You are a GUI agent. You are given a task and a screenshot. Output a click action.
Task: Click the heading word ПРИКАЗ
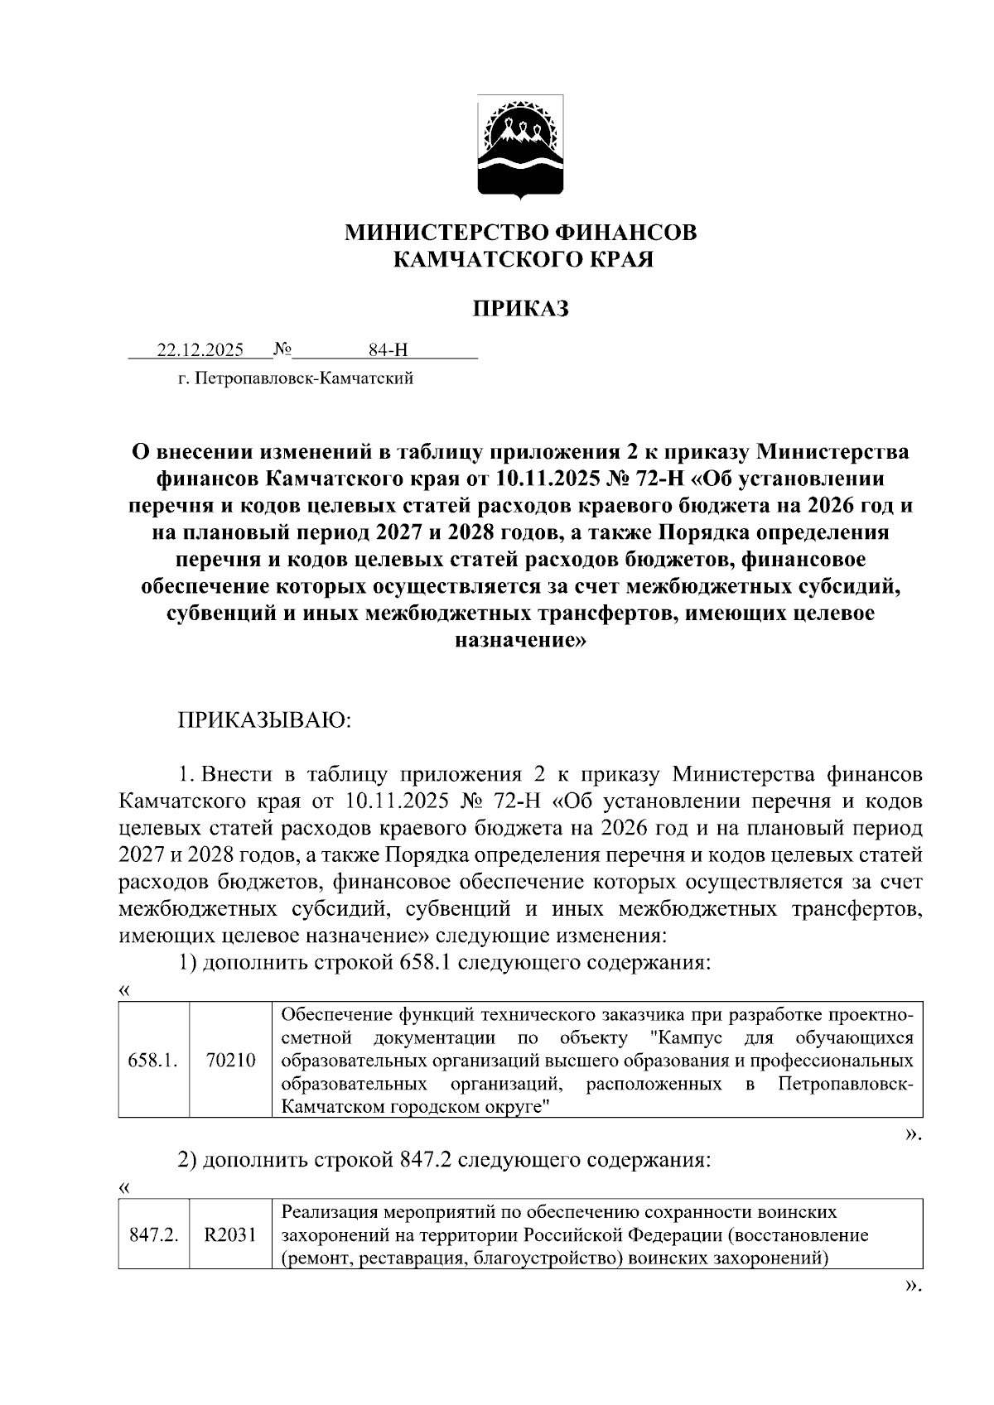click(520, 310)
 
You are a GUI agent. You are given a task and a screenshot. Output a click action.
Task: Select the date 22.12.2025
click(200, 350)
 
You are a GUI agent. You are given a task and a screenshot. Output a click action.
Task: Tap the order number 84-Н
click(388, 350)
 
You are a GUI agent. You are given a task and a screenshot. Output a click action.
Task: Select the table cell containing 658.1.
click(154, 1061)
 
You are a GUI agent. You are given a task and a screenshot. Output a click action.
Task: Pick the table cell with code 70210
click(230, 1061)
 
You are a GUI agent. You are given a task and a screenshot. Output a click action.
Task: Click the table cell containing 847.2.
click(154, 1235)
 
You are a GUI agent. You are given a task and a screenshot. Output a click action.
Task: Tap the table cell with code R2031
click(230, 1235)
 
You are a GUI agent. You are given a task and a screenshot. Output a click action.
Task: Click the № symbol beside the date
click(282, 349)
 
